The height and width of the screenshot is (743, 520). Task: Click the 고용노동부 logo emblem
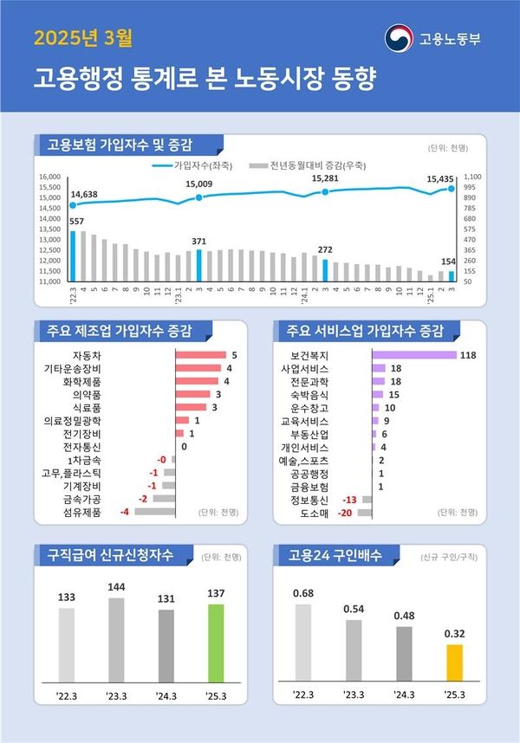[400, 39]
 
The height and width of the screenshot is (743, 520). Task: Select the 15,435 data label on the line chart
[440, 178]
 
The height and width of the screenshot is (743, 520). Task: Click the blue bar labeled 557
[73, 256]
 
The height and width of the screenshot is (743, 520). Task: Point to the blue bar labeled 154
[451, 276]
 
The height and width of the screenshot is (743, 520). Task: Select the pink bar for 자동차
[200, 355]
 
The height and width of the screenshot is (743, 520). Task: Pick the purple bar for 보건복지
[413, 355]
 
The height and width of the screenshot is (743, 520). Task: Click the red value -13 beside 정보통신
[350, 500]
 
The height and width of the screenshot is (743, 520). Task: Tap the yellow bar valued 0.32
[454, 663]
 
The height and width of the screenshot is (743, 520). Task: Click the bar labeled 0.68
[303, 643]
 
